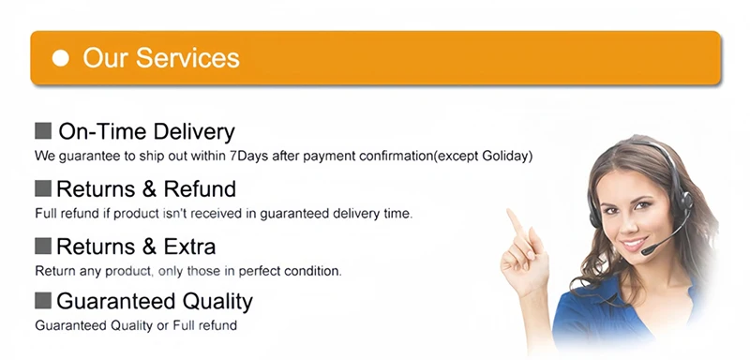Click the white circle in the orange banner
pyautogui.click(x=61, y=58)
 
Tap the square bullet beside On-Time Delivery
pyautogui.click(x=43, y=130)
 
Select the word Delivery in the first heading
pyautogui.click(x=195, y=132)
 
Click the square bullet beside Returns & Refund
pyautogui.click(x=43, y=187)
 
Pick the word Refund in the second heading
pyautogui.click(x=200, y=188)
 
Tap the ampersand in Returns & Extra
pyautogui.click(x=149, y=247)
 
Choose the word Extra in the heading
pyautogui.click(x=190, y=247)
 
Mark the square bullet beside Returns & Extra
pyautogui.click(x=43, y=246)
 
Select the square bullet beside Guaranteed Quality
pyautogui.click(x=43, y=301)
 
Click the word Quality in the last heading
pyautogui.click(x=211, y=302)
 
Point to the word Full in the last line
pyautogui.click(x=184, y=325)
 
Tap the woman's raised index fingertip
pyautogui.click(x=511, y=212)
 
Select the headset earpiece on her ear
pyautogui.click(x=686, y=201)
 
